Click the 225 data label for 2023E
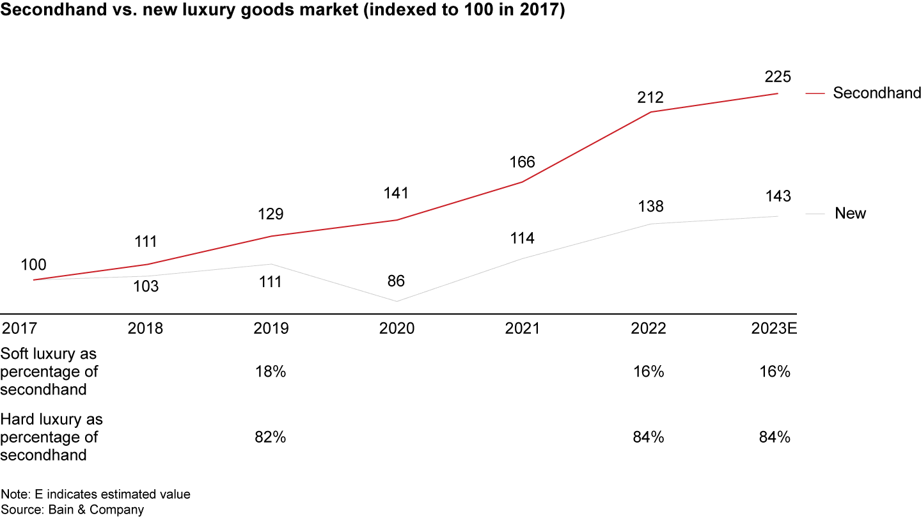778,77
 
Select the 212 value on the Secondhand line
650,98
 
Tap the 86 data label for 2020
397,281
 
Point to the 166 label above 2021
522,162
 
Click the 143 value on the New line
778,196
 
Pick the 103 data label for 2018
145,286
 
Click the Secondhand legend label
876,93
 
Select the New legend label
850,214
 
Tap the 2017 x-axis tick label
20,329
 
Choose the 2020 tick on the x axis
397,329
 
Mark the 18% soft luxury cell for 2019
270,372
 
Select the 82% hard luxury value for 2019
270,437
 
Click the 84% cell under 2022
649,437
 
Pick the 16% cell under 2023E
775,372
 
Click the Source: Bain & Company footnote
72,510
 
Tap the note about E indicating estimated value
95,494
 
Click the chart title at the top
283,12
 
